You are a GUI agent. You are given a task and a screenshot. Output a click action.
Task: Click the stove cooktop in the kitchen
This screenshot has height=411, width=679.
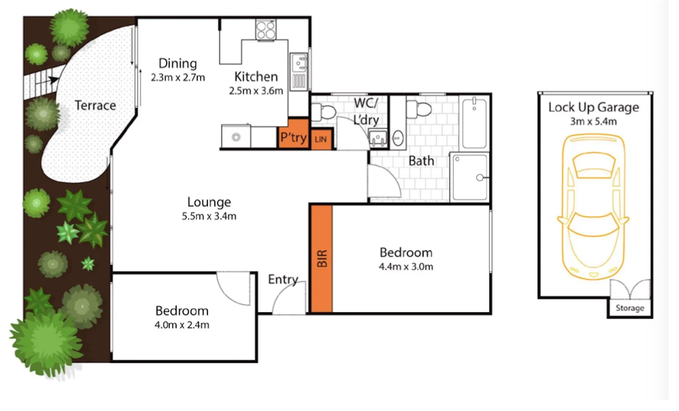(266, 30)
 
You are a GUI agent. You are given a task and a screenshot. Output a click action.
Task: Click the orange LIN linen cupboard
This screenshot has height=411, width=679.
(321, 139)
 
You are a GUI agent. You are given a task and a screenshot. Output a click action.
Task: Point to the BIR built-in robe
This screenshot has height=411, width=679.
(322, 259)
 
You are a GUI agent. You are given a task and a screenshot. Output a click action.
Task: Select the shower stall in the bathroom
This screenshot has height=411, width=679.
(470, 177)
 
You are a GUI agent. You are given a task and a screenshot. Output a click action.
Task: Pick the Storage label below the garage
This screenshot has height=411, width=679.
(630, 308)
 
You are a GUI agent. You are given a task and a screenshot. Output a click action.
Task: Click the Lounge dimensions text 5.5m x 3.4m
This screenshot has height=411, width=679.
(209, 216)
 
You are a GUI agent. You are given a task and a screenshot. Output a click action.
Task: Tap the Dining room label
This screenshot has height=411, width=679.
(178, 63)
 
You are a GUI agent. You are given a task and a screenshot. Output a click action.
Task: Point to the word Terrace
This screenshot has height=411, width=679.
(95, 106)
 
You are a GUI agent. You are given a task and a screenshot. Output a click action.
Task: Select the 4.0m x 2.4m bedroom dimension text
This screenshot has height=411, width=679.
(182, 325)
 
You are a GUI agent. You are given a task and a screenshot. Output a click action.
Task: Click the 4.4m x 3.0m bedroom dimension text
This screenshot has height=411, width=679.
(406, 267)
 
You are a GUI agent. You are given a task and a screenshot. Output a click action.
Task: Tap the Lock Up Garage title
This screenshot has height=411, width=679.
(593, 107)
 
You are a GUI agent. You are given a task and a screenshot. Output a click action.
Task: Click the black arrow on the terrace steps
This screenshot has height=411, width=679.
(53, 80)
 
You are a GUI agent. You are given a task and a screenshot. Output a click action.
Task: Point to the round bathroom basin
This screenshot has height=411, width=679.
(398, 138)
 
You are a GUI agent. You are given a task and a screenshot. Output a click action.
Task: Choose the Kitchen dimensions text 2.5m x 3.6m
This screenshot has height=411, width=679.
(256, 91)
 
